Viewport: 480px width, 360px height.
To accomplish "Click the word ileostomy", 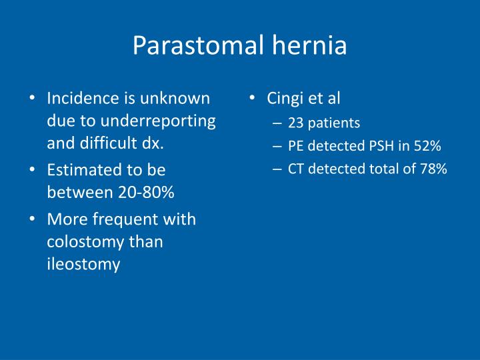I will pyautogui.click(x=83, y=264).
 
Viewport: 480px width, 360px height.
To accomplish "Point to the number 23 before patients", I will pyautogui.click(x=295, y=123).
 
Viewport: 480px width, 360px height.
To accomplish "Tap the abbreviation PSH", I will pyautogui.click(x=383, y=146).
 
